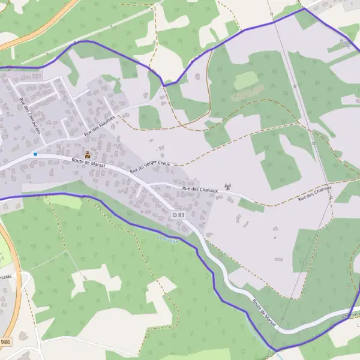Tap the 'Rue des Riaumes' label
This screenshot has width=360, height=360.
(x=99, y=127)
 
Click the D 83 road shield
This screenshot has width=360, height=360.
(x=179, y=215)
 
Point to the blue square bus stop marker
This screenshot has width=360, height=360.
(x=35, y=154)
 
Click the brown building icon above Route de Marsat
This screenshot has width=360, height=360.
(x=88, y=154)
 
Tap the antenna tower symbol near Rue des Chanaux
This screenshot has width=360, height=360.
(x=227, y=187)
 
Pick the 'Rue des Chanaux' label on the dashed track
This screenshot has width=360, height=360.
(x=314, y=193)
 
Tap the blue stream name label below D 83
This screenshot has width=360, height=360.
(x=168, y=239)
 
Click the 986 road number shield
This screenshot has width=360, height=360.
(x=5, y=341)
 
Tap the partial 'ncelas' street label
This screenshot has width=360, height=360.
(x=5, y=277)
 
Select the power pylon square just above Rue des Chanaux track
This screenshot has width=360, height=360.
(x=313, y=143)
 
